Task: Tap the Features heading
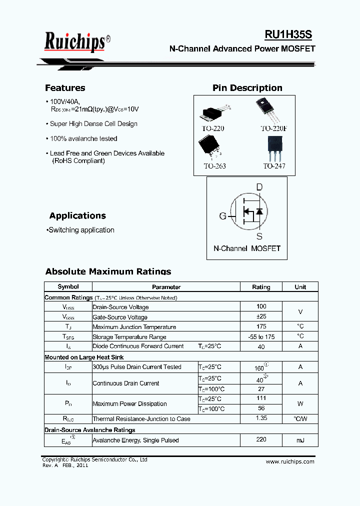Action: [x=65, y=88]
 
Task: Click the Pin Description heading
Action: [x=247, y=88]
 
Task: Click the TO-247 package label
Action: [x=274, y=165]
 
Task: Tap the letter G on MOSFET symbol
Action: [x=222, y=216]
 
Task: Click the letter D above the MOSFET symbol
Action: [x=259, y=187]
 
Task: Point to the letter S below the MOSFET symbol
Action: [x=259, y=236]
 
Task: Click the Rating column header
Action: [x=261, y=287]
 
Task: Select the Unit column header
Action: [x=300, y=287]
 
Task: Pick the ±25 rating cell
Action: [x=261, y=316]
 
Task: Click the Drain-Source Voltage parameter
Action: [x=120, y=307]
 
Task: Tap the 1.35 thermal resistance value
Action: [x=261, y=418]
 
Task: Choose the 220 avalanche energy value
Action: [x=261, y=439]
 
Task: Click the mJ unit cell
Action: [x=300, y=440]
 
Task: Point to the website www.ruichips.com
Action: [x=290, y=461]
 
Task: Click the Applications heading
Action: [x=77, y=216]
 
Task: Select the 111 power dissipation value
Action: [x=261, y=398]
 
